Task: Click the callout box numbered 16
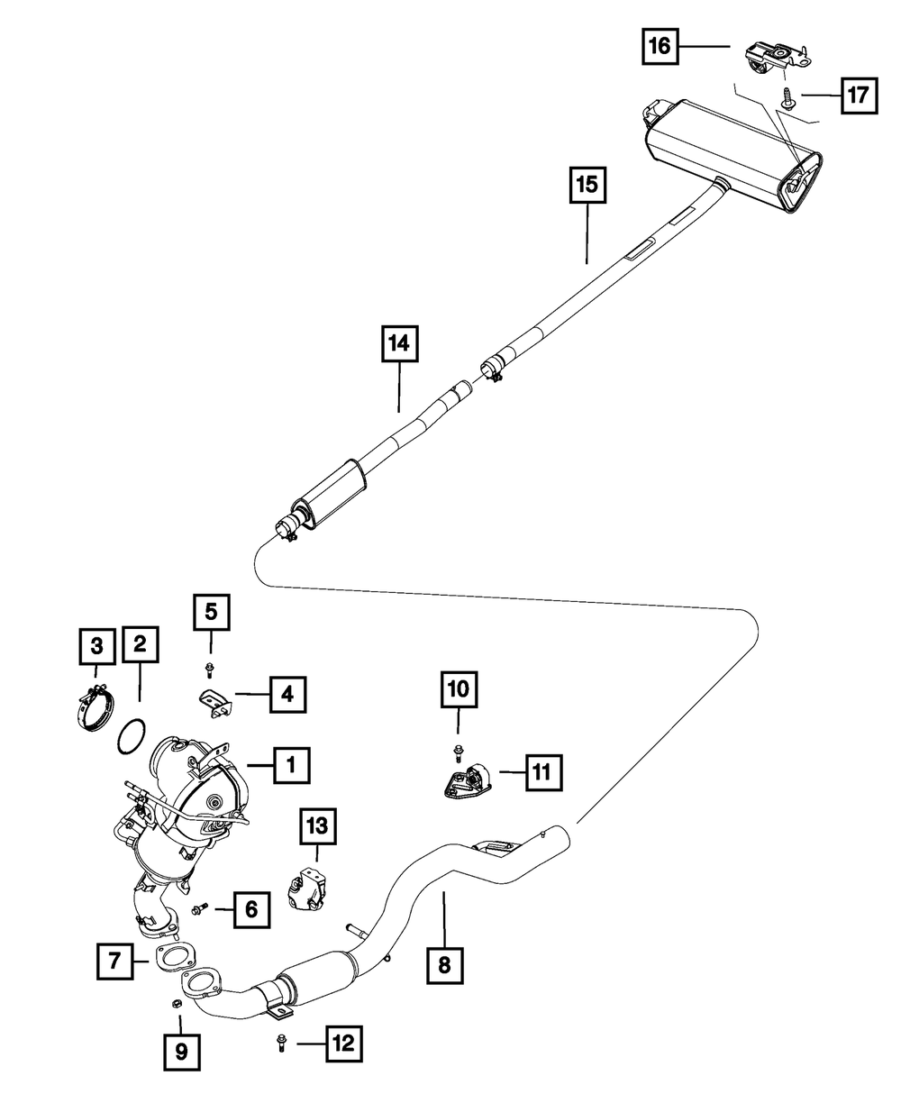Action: click(660, 47)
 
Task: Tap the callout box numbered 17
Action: click(860, 96)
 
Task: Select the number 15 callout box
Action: click(587, 185)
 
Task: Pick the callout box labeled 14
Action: click(400, 344)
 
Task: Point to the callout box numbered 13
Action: click(318, 826)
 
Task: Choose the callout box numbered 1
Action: click(291, 765)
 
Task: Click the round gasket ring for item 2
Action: click(131, 736)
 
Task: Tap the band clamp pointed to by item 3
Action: click(94, 707)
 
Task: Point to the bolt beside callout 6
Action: click(201, 907)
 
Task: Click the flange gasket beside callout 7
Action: click(173, 957)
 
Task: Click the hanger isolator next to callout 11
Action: click(465, 783)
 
